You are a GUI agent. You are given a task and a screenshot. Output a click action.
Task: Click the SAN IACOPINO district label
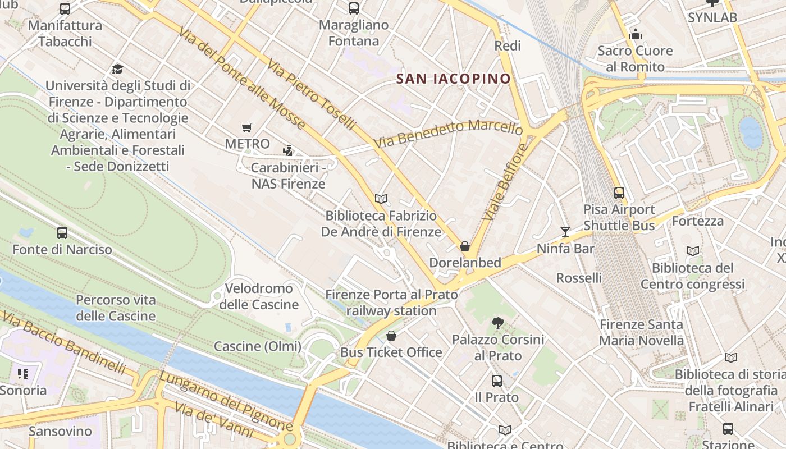click(x=454, y=79)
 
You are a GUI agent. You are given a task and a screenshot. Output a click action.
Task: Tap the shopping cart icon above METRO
click(x=247, y=128)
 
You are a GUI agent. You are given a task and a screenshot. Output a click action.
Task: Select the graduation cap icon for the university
click(x=117, y=69)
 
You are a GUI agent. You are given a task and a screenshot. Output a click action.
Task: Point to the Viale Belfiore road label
click(x=506, y=181)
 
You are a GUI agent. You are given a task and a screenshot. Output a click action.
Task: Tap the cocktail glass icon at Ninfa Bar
click(x=565, y=232)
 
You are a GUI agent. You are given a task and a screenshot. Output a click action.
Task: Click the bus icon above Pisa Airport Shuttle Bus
click(x=619, y=193)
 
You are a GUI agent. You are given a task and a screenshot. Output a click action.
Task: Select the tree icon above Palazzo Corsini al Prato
click(x=497, y=323)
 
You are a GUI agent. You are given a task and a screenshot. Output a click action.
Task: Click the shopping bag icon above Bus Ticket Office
click(x=391, y=336)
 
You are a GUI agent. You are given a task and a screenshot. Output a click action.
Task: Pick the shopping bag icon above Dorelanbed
click(x=465, y=246)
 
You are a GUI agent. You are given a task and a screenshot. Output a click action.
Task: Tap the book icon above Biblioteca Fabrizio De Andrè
click(x=381, y=199)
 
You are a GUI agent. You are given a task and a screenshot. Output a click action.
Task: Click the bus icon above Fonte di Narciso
click(x=62, y=232)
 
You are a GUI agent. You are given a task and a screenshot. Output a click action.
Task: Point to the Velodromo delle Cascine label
click(x=259, y=296)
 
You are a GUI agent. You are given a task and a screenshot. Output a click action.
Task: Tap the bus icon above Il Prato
click(x=497, y=381)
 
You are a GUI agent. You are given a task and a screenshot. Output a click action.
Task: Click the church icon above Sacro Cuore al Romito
click(x=636, y=35)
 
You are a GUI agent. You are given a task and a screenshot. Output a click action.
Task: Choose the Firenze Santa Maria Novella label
click(x=641, y=332)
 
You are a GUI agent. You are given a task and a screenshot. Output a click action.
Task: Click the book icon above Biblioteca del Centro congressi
click(x=693, y=251)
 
